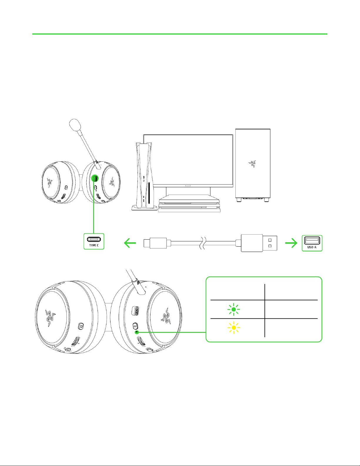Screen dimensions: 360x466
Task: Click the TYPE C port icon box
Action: [94, 241]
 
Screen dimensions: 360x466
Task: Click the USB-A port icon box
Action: [312, 243]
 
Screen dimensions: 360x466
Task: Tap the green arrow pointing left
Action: [130, 243]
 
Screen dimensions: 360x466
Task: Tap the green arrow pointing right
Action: [291, 243]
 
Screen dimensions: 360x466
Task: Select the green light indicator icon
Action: [234, 310]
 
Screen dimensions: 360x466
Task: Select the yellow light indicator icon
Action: [234, 328]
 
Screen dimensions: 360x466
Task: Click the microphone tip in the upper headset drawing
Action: [75, 125]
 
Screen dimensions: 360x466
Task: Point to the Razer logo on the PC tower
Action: [252, 164]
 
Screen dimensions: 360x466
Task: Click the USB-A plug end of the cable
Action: [259, 243]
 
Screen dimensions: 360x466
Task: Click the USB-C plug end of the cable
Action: [155, 243]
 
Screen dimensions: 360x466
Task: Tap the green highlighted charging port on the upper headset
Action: [95, 178]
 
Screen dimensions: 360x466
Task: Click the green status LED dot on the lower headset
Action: [137, 332]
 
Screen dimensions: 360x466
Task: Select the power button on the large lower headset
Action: [135, 326]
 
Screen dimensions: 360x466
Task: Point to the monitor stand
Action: [188, 191]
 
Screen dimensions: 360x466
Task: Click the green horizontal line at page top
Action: [180, 34]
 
